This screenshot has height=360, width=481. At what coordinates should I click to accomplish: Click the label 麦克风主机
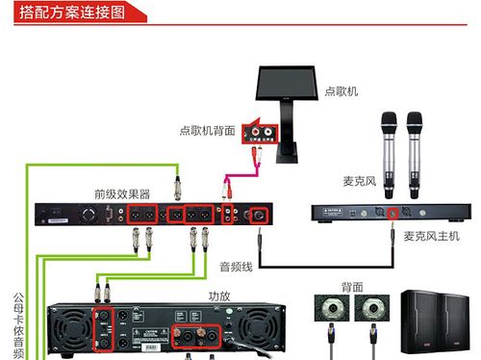[432, 235]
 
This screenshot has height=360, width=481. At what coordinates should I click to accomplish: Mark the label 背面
[352, 286]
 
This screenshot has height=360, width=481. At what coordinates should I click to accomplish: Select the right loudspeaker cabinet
[462, 323]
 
